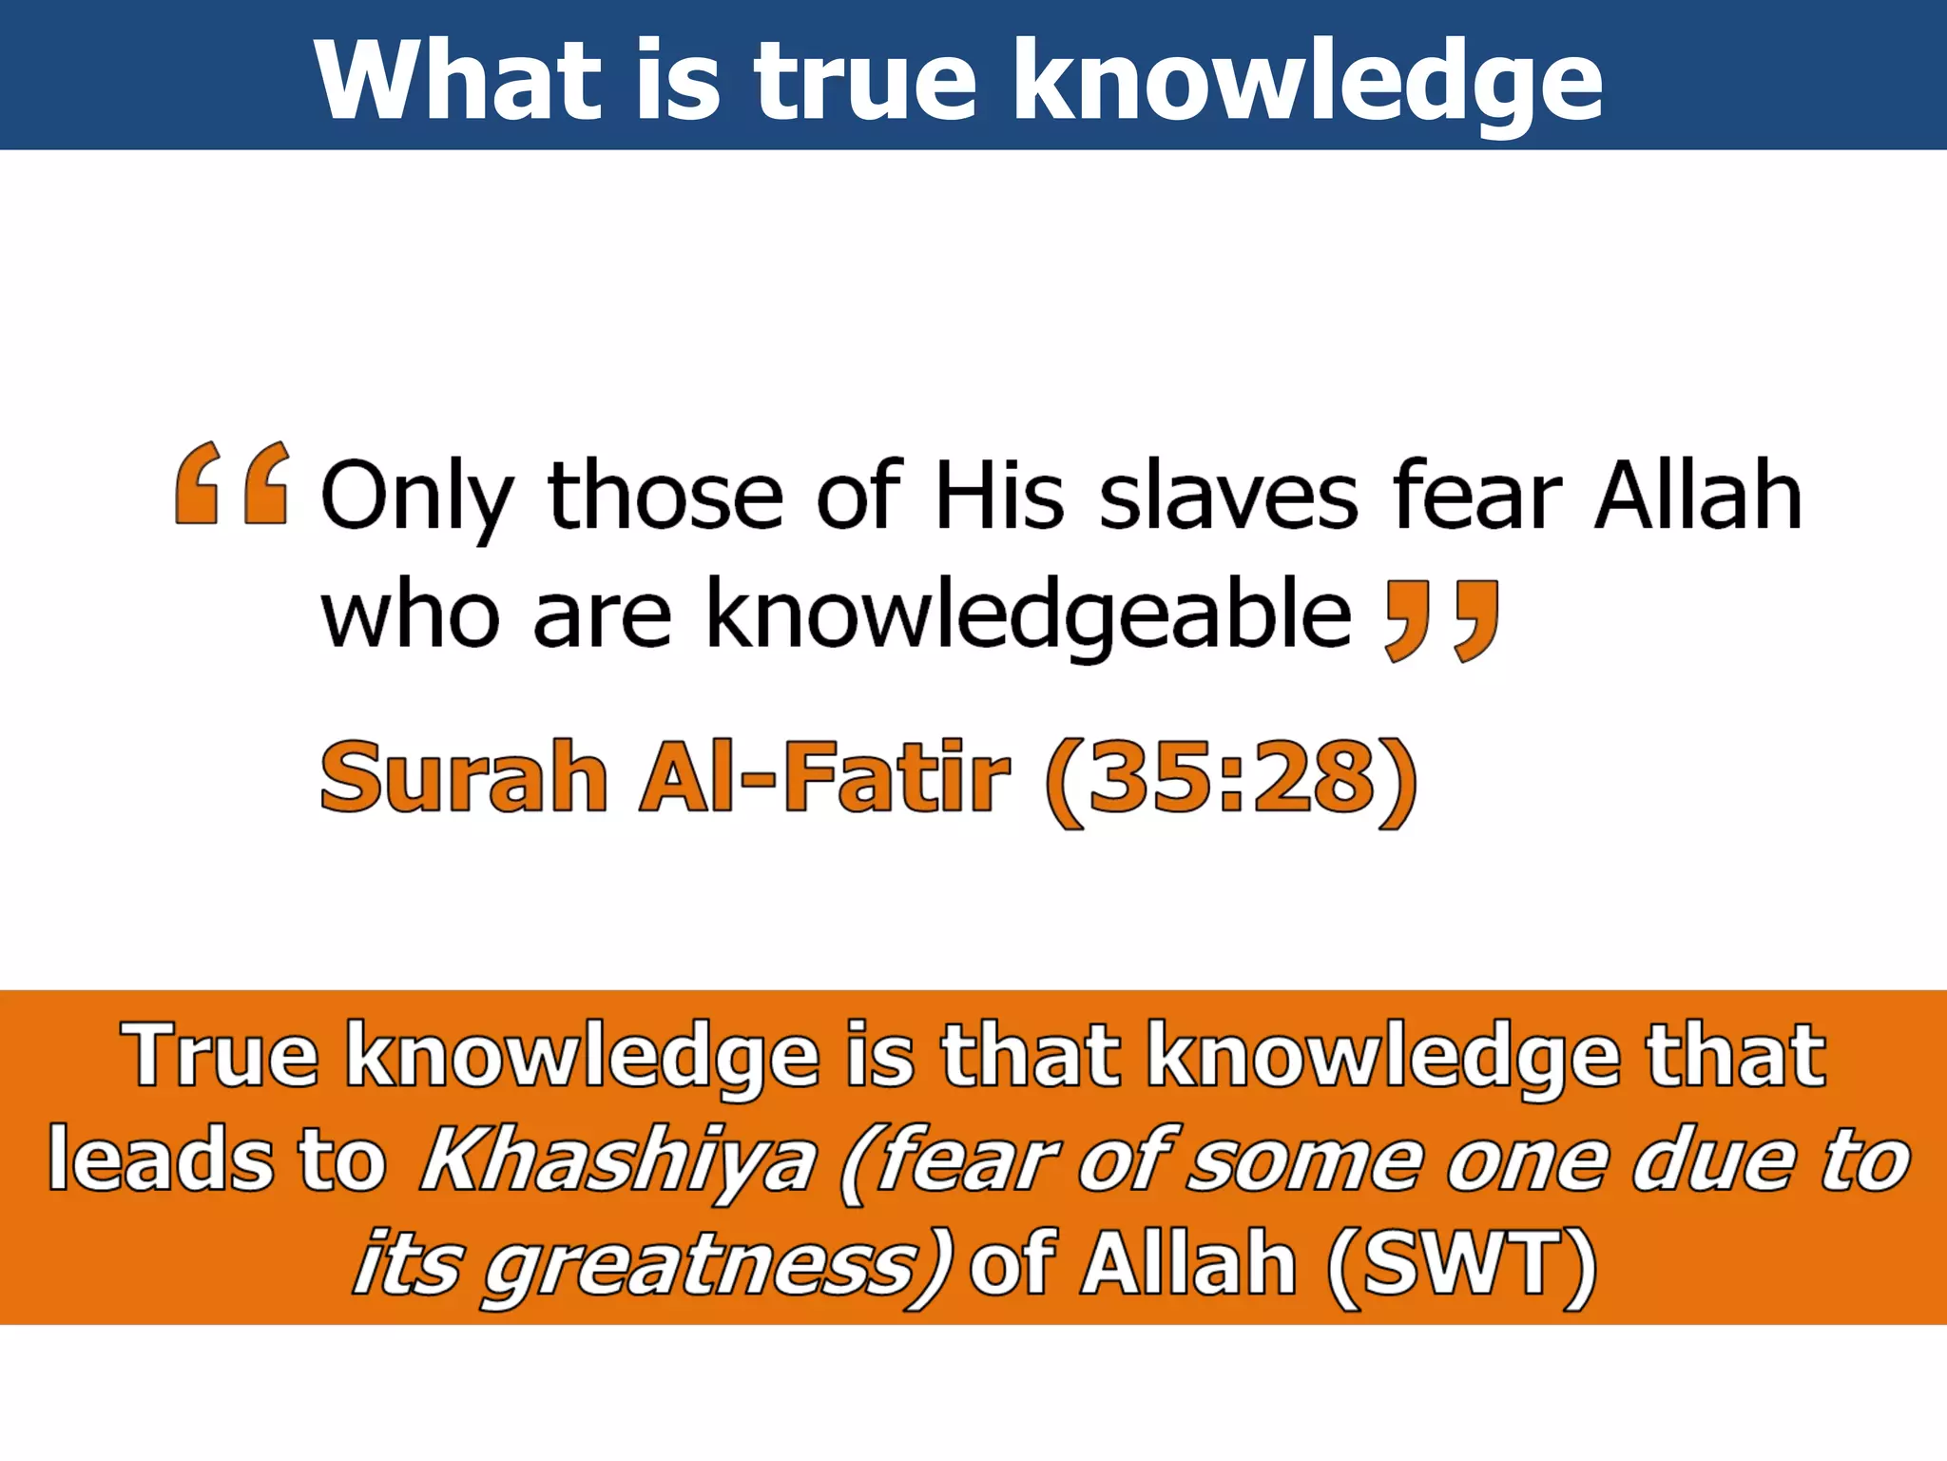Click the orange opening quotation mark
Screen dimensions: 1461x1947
(x=232, y=483)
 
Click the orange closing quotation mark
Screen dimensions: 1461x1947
(x=1441, y=620)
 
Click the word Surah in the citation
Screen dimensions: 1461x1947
(x=464, y=778)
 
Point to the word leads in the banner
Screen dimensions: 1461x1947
(x=163, y=1159)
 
